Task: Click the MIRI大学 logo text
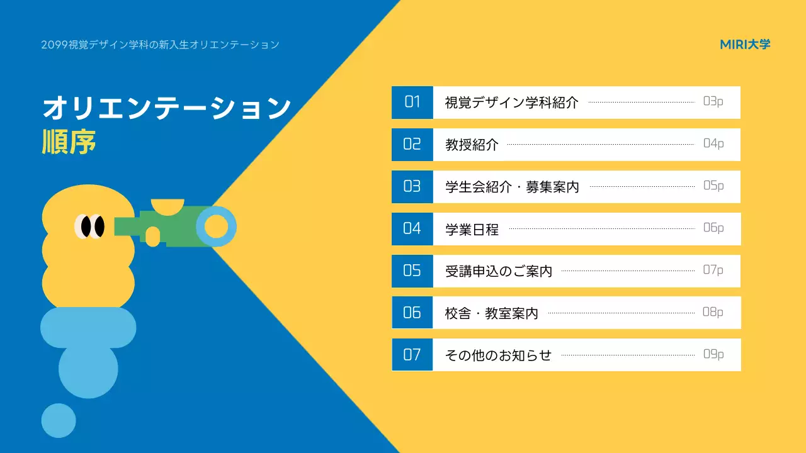[x=745, y=45]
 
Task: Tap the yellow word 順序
[x=69, y=142]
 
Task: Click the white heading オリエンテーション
[x=166, y=108]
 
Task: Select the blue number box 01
[x=412, y=102]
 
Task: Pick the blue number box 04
[x=412, y=228]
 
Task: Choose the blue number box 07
[x=412, y=355]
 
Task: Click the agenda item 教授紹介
[x=472, y=145]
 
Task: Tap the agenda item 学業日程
[x=472, y=230]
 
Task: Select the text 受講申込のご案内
[x=498, y=271]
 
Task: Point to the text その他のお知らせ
[x=498, y=355]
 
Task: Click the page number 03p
[x=713, y=101]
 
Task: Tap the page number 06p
[x=713, y=228]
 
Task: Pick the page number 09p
[x=713, y=354]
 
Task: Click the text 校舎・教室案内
[x=491, y=313]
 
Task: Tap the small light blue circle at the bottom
[x=59, y=420]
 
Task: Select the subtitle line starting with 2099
[x=160, y=45]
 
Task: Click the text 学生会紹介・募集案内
[x=512, y=187]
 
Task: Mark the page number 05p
[x=713, y=186]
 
